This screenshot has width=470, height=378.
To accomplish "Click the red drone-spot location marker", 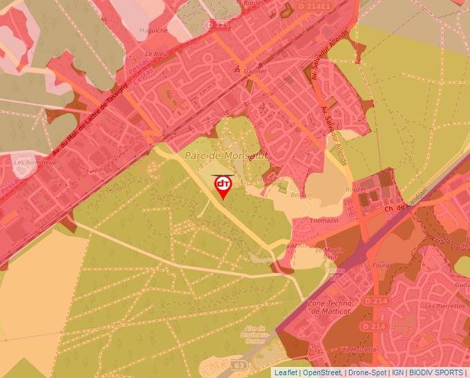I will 223,185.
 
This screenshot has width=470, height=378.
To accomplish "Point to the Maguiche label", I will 153,30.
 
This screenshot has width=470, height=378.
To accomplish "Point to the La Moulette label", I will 359,349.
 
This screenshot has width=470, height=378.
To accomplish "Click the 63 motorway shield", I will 240,364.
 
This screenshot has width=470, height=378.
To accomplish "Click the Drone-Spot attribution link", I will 366,372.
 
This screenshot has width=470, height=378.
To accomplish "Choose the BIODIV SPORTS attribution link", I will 436,372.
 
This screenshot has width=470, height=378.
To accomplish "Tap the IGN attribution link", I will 397,372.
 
